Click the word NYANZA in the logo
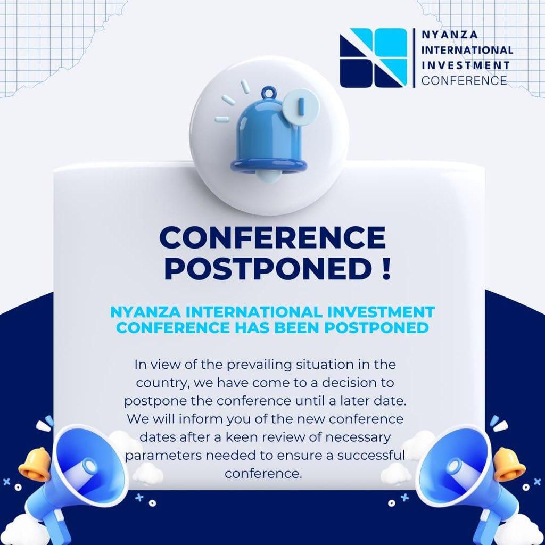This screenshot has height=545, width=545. click(x=449, y=35)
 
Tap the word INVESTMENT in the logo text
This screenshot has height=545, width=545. click(x=465, y=65)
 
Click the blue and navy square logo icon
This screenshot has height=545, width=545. click(x=373, y=57)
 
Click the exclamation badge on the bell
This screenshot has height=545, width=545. click(x=301, y=106)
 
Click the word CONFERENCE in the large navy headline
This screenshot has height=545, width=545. click(x=272, y=237)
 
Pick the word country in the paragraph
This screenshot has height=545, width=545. click(x=163, y=383)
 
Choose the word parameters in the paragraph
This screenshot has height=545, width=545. click(x=163, y=456)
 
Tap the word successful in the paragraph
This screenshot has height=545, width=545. click(x=371, y=455)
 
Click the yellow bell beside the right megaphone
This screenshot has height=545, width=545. click(x=509, y=464)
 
